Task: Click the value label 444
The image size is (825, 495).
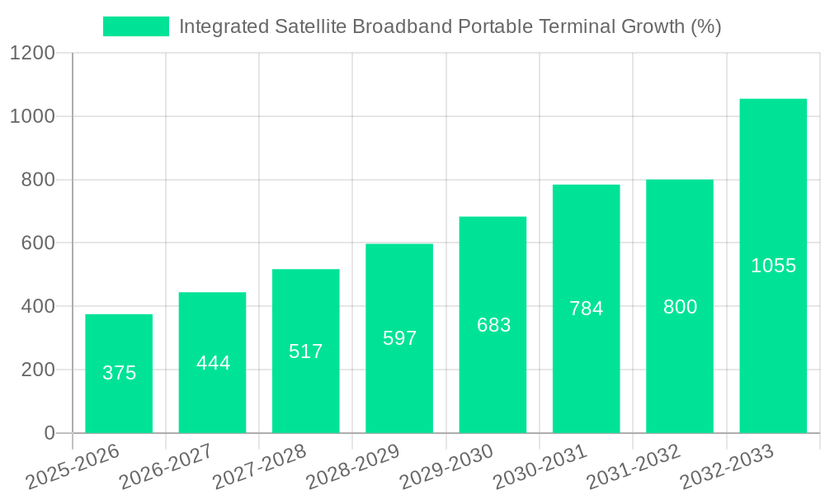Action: pyautogui.click(x=213, y=363)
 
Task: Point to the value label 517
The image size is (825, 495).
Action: pyautogui.click(x=306, y=351)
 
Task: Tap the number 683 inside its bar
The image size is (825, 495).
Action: pyautogui.click(x=493, y=325)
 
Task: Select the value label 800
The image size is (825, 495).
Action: pyautogui.click(x=680, y=307)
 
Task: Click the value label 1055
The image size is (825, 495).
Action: pyautogui.click(x=773, y=266)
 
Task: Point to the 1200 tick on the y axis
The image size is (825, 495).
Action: pyautogui.click(x=32, y=54)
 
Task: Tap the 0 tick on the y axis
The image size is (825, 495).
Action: pyautogui.click(x=49, y=433)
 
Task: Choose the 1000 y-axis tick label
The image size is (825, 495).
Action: pyautogui.click(x=32, y=117)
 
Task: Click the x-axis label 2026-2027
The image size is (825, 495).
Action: pyautogui.click(x=165, y=467)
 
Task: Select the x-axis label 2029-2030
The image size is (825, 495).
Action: pyautogui.click(x=445, y=467)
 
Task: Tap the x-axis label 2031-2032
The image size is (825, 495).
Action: pyautogui.click(x=633, y=467)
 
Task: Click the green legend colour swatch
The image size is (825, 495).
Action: pyautogui.click(x=135, y=26)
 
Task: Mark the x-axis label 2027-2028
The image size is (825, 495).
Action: pyautogui.click(x=259, y=467)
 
